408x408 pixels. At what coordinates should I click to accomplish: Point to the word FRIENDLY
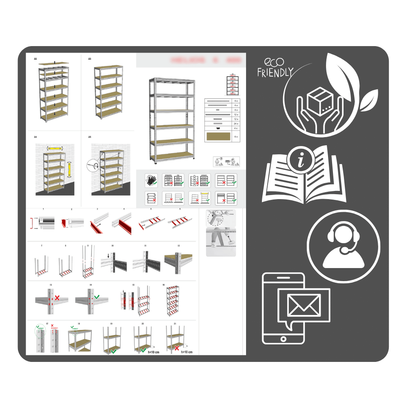pos(275,73)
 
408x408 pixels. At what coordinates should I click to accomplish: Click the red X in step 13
pos(57,298)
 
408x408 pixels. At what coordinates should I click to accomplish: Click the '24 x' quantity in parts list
pos(236,123)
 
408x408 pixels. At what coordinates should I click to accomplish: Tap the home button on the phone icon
pos(283,339)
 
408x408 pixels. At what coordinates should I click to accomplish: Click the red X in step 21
pos(177,348)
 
